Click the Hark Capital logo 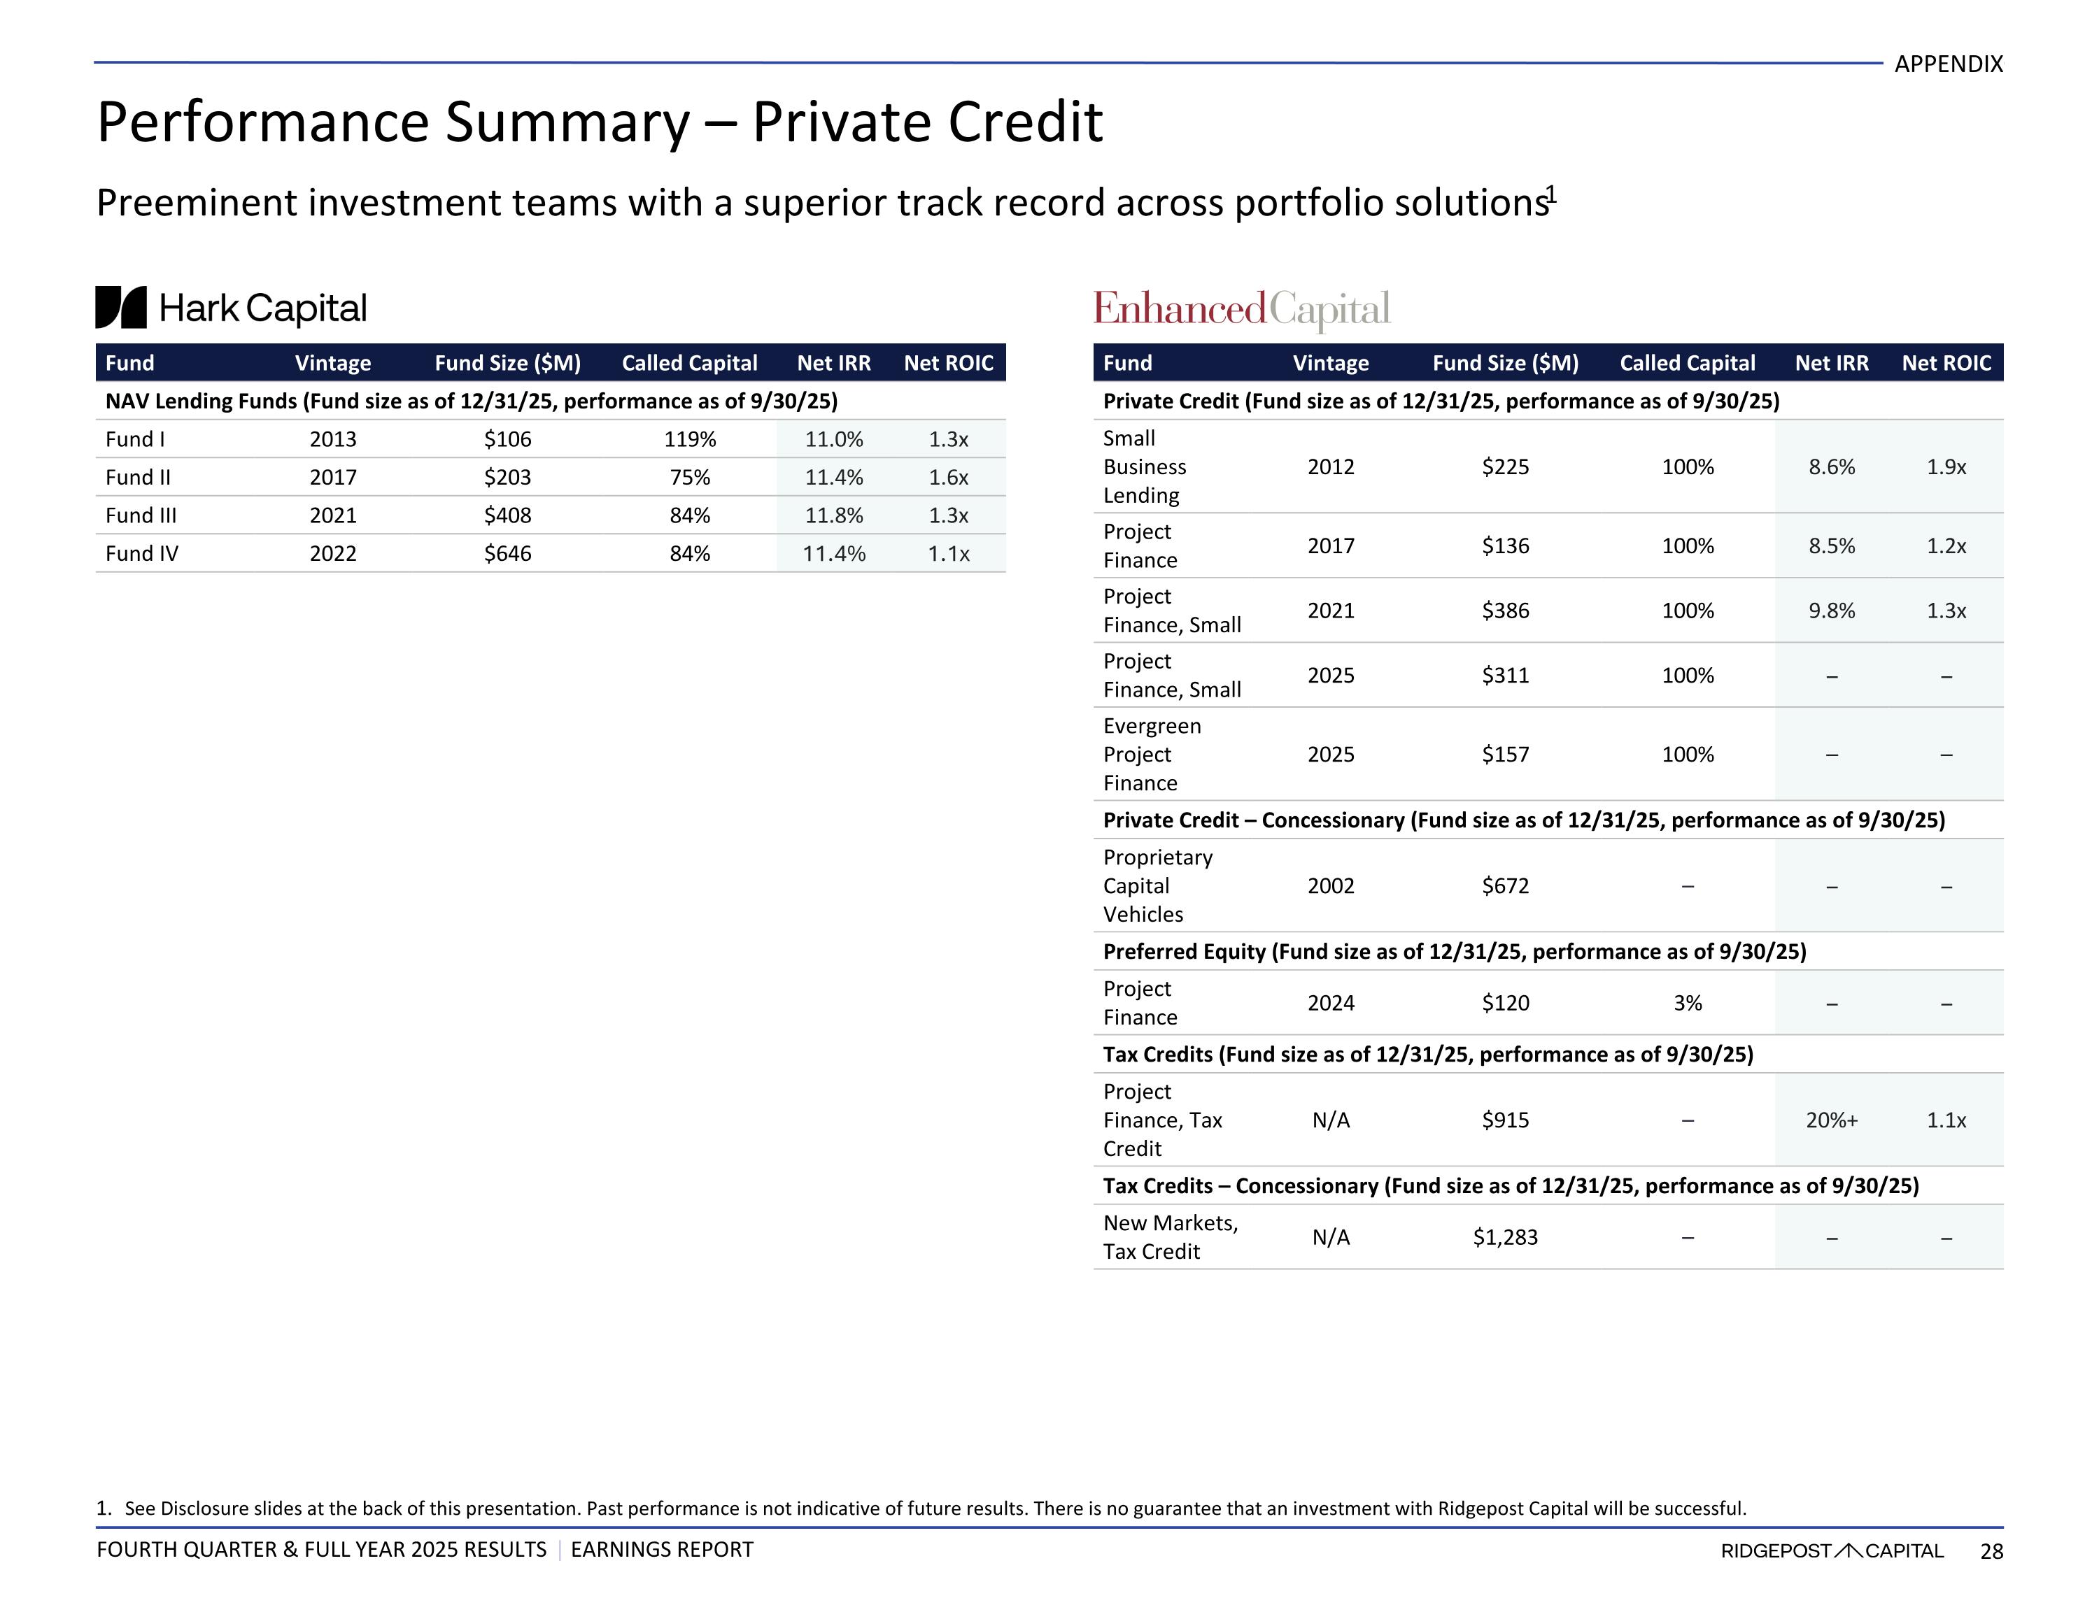231,308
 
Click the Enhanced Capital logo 1242,309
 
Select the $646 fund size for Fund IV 507,553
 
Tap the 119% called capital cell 690,439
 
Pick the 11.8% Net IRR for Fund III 833,515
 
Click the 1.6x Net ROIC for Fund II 949,478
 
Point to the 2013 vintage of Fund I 332,439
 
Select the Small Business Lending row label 1145,467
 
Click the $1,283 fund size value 1505,1238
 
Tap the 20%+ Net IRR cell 1832,1120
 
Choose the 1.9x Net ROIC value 1946,467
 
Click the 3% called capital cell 1688,1003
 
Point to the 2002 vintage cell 1331,886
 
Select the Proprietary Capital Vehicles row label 1157,886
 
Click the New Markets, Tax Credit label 1171,1238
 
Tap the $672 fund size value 1505,886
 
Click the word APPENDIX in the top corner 1948,64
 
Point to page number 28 1991,1550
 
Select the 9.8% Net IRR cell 1832,611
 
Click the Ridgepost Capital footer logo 1832,1550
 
